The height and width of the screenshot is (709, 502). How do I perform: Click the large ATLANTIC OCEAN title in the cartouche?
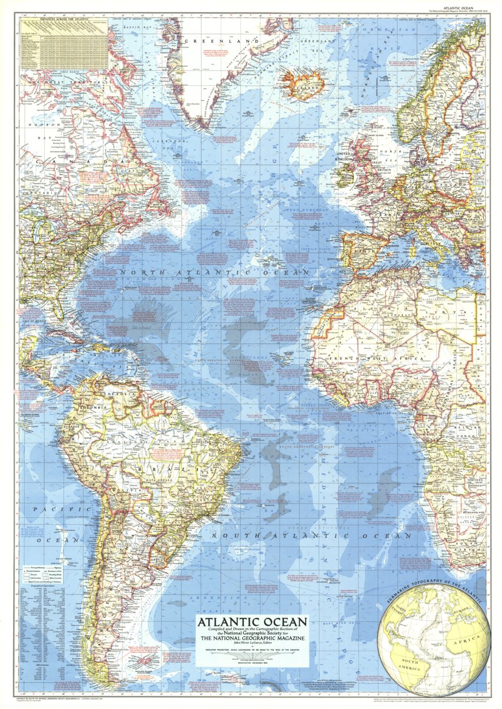coord(252,622)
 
